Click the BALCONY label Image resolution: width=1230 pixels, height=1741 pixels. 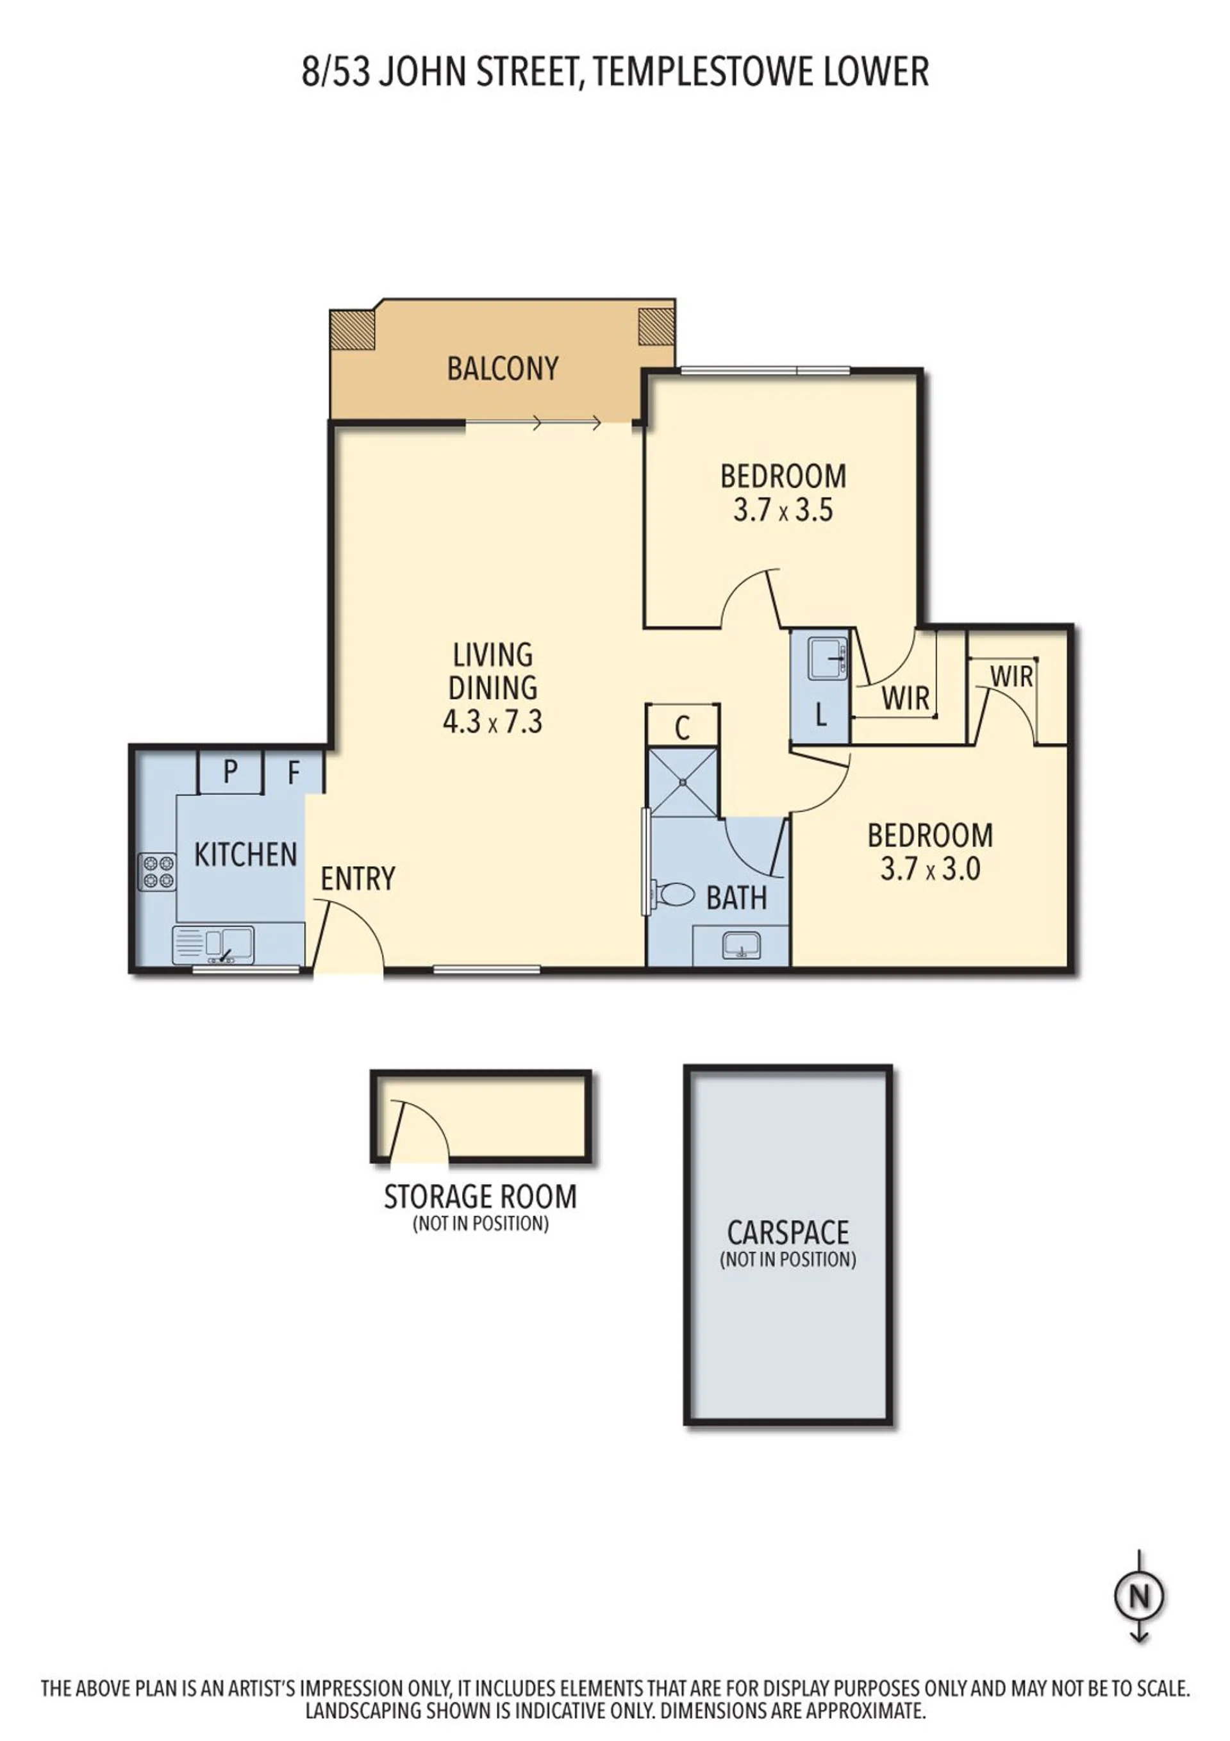502,369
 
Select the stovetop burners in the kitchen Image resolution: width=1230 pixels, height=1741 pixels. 156,871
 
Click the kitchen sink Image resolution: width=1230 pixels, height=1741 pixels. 213,945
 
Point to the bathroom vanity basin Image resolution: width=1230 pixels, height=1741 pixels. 741,945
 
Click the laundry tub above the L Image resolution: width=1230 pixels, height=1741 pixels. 827,658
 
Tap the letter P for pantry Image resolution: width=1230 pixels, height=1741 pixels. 231,772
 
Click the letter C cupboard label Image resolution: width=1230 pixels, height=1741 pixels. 682,728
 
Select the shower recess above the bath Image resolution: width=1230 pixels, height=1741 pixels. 682,782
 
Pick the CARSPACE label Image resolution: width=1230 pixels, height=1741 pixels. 788,1233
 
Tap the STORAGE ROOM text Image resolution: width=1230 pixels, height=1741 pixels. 480,1197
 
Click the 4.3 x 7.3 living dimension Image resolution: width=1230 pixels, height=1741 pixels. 492,721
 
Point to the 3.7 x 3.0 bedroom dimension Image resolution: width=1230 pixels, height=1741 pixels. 931,869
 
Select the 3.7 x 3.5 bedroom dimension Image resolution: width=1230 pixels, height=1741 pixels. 783,510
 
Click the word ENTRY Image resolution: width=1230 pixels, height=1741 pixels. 358,879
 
